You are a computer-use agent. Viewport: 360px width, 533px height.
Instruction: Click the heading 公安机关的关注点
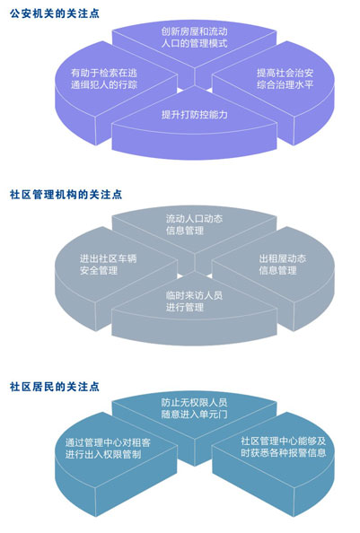point(55,13)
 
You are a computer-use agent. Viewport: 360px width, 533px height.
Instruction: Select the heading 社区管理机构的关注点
point(66,195)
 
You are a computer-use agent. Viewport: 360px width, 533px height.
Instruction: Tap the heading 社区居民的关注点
point(55,387)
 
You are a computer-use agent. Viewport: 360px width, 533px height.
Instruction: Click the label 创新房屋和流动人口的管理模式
point(195,38)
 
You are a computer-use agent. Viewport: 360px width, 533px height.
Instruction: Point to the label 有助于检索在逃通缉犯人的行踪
point(104,79)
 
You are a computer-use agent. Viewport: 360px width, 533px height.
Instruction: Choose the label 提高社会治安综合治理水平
point(285,79)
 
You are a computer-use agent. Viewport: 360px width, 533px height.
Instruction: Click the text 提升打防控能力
point(195,115)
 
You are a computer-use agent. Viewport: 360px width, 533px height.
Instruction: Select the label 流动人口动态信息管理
point(195,224)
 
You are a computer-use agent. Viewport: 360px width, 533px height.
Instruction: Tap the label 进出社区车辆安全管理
point(108,265)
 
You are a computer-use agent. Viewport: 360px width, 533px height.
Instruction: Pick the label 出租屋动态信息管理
point(283,265)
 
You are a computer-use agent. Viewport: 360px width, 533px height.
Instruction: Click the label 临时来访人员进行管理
point(195,301)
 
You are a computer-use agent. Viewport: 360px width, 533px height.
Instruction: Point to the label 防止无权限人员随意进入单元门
point(195,408)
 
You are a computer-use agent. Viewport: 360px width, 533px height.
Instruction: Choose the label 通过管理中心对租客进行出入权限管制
point(108,449)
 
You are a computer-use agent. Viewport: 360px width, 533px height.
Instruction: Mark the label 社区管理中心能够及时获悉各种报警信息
point(284,447)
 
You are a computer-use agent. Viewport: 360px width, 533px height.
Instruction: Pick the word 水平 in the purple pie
point(304,84)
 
